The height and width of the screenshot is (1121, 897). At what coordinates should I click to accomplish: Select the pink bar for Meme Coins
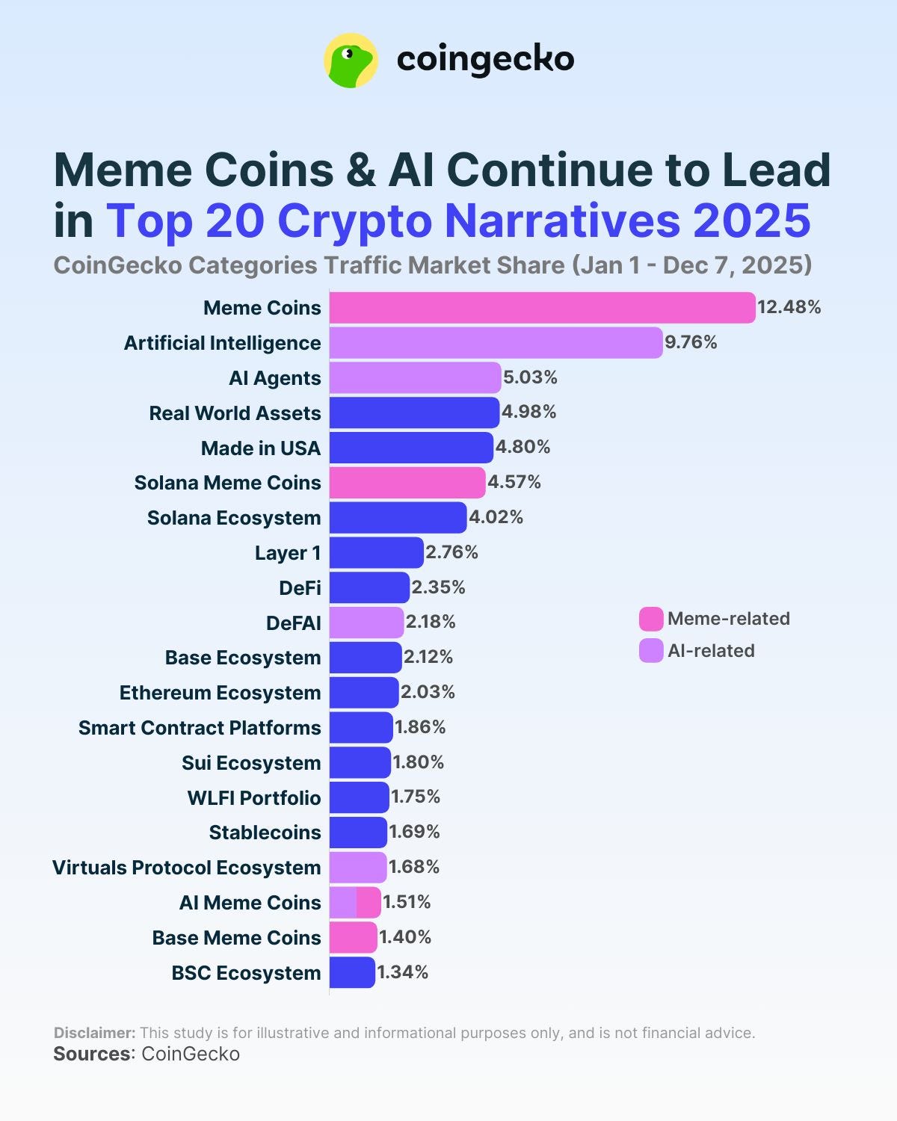tap(542, 308)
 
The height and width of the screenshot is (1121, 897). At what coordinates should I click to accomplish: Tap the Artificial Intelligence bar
tap(496, 343)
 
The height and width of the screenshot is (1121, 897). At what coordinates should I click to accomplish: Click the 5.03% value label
tap(530, 377)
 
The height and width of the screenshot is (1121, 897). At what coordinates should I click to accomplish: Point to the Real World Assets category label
tap(235, 413)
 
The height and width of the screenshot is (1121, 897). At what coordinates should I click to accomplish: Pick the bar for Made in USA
tap(411, 448)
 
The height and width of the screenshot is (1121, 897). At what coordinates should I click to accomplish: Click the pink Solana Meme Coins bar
tap(407, 483)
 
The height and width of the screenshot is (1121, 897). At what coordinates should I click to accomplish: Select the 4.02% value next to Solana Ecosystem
tap(496, 517)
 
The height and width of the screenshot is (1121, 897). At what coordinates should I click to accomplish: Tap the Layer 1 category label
tap(288, 553)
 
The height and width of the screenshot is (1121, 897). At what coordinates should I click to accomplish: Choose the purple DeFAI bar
tap(366, 623)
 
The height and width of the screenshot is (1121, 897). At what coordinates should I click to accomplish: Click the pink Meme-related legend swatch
tap(651, 619)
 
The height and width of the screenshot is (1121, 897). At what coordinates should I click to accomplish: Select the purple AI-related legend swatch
tap(651, 651)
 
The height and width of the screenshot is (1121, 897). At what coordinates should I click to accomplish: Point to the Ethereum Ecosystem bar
tap(364, 693)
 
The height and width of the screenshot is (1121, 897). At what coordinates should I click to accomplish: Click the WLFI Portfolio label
tap(253, 798)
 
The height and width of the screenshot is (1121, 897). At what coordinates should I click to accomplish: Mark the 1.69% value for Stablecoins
tap(414, 832)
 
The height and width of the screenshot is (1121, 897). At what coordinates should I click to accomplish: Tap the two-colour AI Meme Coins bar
tap(355, 903)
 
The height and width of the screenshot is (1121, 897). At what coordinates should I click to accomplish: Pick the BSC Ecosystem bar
tap(352, 972)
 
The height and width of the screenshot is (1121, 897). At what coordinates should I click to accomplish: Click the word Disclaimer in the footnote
tap(94, 1033)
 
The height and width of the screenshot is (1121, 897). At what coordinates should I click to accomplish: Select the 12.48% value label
tap(789, 307)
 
